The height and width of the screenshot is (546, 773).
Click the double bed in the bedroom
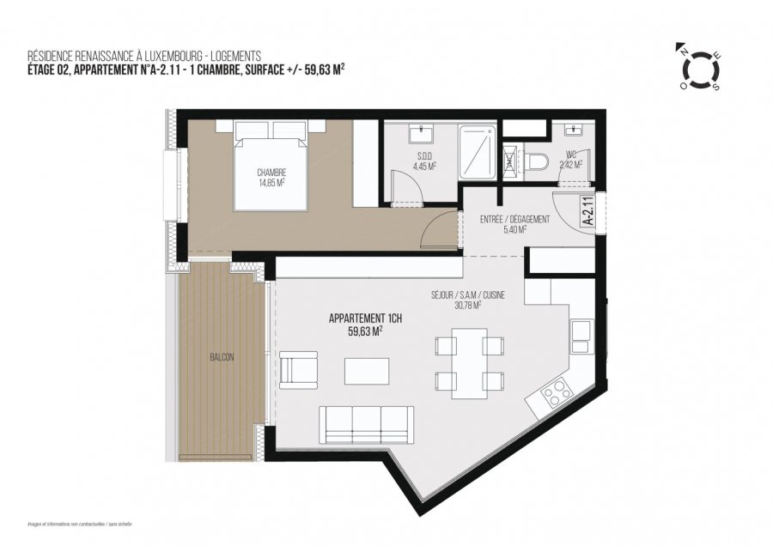(271, 167)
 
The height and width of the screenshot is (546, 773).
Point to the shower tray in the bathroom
(477, 153)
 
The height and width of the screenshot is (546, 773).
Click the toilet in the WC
(536, 161)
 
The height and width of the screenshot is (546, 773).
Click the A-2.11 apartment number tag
(588, 210)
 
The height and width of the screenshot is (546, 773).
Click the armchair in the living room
(298, 369)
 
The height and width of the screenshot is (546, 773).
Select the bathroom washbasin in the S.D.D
(423, 134)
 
